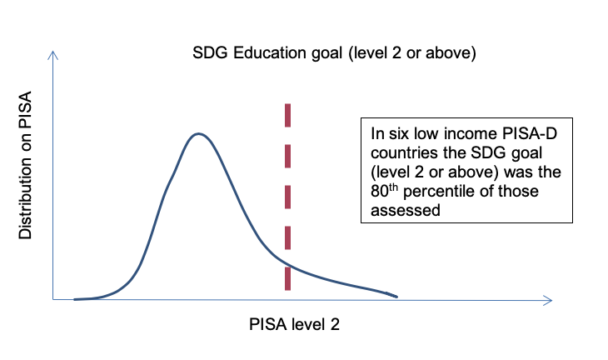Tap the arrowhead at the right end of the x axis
tap(547, 298)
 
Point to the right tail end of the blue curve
tap(396, 296)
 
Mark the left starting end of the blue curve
tap(75, 298)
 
